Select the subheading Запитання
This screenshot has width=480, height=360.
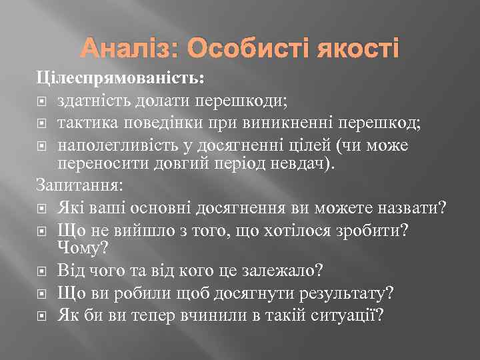[73, 185]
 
